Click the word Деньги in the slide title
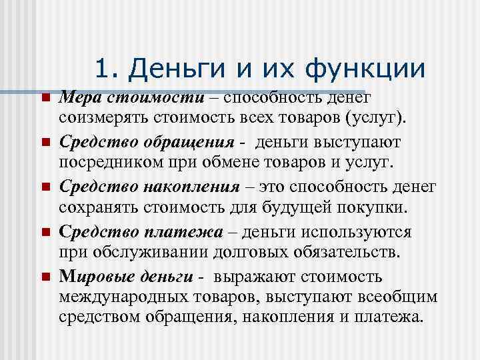click(169, 69)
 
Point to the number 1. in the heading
click(108, 69)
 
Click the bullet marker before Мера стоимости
click(45, 99)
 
